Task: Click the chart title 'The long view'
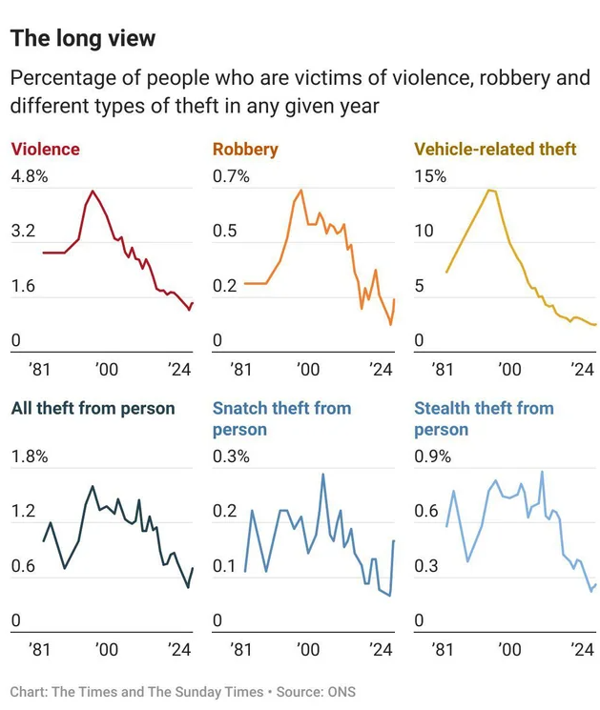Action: pyautogui.click(x=83, y=38)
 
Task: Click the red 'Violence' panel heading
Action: pyautogui.click(x=45, y=149)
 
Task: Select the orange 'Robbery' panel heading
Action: pyautogui.click(x=245, y=149)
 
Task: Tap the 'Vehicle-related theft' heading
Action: pyautogui.click(x=495, y=149)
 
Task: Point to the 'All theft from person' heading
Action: pyautogui.click(x=93, y=408)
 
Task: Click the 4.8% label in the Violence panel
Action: pyautogui.click(x=29, y=176)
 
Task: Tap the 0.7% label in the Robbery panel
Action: pyautogui.click(x=231, y=176)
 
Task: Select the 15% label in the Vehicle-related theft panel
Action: pyautogui.click(x=429, y=176)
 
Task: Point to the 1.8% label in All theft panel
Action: pyautogui.click(x=29, y=456)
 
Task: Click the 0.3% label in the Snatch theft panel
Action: pyautogui.click(x=231, y=456)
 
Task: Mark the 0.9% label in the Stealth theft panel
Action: pyautogui.click(x=432, y=456)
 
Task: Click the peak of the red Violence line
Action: pyautogui.click(x=92, y=191)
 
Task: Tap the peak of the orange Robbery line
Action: pyautogui.click(x=301, y=190)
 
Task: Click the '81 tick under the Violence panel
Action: pyautogui.click(x=40, y=370)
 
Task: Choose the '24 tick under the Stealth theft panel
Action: pyautogui.click(x=581, y=649)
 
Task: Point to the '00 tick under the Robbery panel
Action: pyautogui.click(x=307, y=370)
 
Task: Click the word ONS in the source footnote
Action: pyautogui.click(x=340, y=692)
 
